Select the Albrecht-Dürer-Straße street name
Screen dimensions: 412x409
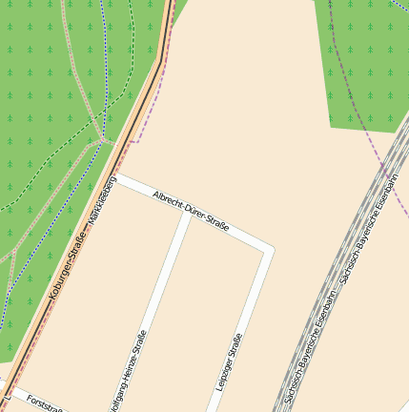coord(191,211)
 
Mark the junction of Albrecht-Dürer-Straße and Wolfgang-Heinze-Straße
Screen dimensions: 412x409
coord(187,213)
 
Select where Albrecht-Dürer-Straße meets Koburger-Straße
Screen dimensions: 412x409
coord(114,176)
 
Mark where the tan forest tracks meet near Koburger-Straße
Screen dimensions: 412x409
coord(102,138)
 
